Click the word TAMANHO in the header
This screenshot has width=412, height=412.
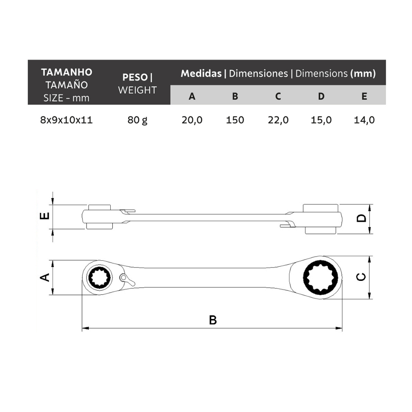point(67,72)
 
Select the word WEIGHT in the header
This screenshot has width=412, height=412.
point(137,90)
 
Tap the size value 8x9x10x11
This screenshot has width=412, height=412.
point(66,120)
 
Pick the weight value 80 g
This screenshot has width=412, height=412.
point(138,120)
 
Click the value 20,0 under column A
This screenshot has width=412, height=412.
point(192,120)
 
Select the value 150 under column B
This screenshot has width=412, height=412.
point(235,120)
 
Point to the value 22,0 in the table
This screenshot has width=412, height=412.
point(278,120)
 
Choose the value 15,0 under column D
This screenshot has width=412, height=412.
point(321,120)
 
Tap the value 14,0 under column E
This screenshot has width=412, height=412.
point(364,120)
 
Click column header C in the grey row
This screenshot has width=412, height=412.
point(278,96)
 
